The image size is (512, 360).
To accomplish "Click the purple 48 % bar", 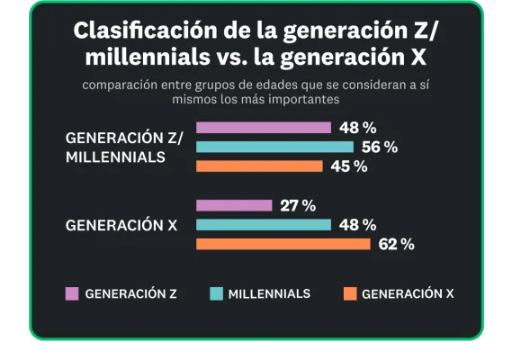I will coord(263,127).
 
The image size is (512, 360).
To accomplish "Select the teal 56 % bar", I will coord(274,147).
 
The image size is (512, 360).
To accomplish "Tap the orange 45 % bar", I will coord(258,166).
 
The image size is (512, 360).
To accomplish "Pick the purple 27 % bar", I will coord(233,205).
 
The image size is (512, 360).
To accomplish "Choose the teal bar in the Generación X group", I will coord(263,225).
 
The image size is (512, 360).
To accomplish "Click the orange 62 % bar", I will coord(283,244).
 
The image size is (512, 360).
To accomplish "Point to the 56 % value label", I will coord(379,147).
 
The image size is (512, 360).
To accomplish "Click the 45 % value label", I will coord(348,166).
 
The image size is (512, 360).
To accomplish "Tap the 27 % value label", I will coord(298,205).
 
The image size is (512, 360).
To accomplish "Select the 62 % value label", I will coord(396,244).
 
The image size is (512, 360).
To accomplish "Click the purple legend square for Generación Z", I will coord(72,293).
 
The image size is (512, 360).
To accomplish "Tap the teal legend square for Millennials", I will coord(216,293).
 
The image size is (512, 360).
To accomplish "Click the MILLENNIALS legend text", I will coord(269,293).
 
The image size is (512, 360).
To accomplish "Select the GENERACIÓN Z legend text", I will coord(131,293).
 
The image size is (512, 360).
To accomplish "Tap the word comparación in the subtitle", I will coord(118,85).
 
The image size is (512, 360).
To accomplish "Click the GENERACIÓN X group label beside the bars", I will coord(121,226).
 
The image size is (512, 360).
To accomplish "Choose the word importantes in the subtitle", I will coord(305,100).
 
